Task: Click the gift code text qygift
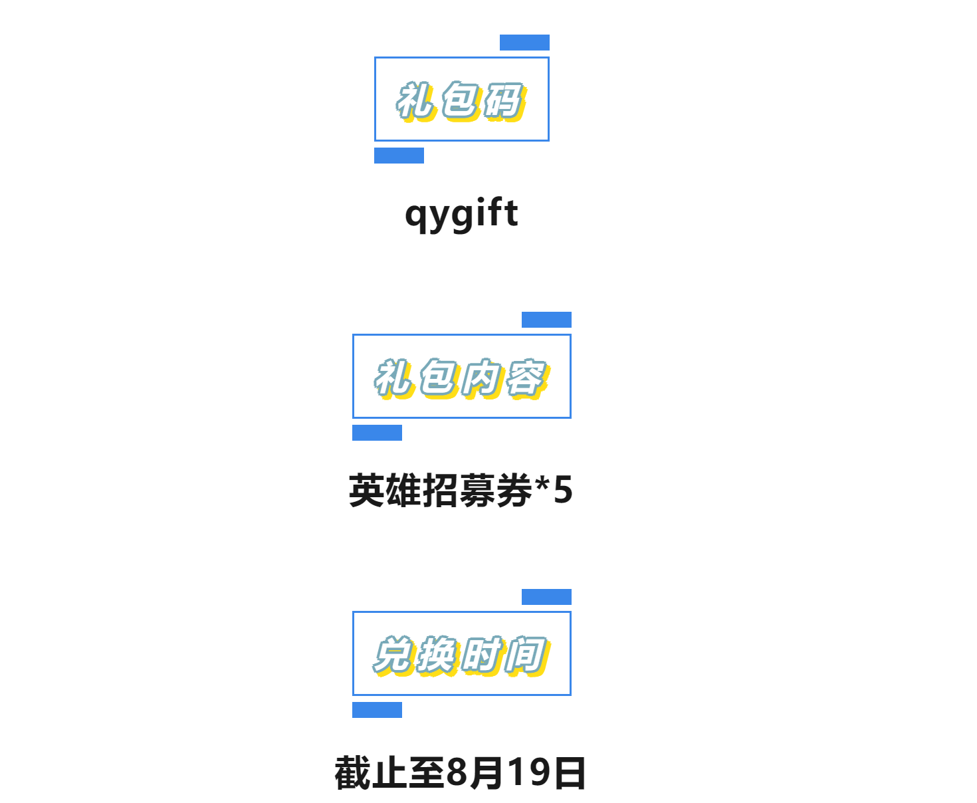[461, 215]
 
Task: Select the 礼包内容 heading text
[462, 378]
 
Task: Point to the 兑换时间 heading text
[462, 655]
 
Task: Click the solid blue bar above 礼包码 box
[524, 42]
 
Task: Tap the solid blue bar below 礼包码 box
[399, 156]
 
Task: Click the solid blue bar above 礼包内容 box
[546, 319]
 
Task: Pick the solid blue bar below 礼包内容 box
[377, 432]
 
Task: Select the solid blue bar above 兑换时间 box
[546, 596]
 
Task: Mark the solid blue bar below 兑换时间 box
[377, 709]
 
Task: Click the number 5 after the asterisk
[563, 489]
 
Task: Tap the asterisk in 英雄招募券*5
[542, 483]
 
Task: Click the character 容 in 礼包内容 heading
[528, 378]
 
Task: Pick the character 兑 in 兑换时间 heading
[393, 655]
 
